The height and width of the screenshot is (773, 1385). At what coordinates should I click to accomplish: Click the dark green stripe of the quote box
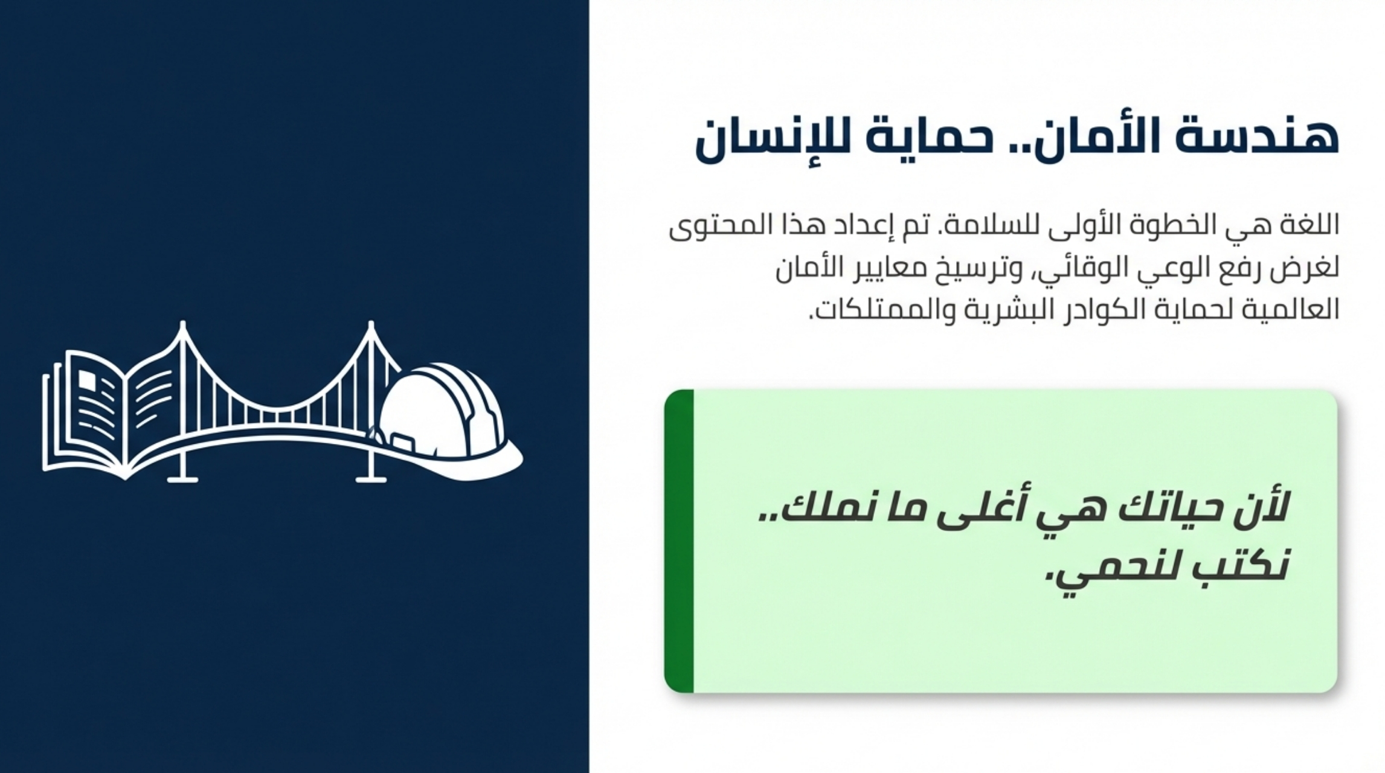[x=679, y=540]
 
